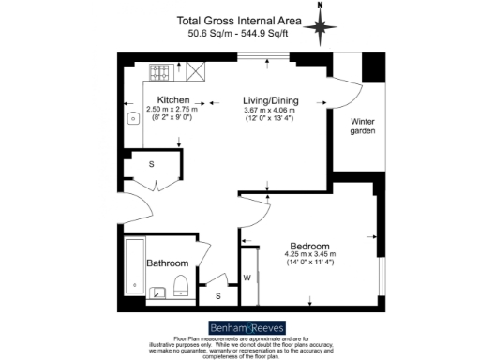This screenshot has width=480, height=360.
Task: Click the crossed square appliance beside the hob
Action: tap(196, 69)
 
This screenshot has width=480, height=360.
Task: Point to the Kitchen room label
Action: tap(173, 100)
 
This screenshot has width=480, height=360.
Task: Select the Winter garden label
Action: tap(363, 127)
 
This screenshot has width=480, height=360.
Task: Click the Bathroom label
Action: tap(167, 263)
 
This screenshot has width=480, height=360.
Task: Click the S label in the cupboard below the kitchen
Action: tap(152, 163)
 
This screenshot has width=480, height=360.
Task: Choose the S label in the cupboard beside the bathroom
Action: tap(218, 296)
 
